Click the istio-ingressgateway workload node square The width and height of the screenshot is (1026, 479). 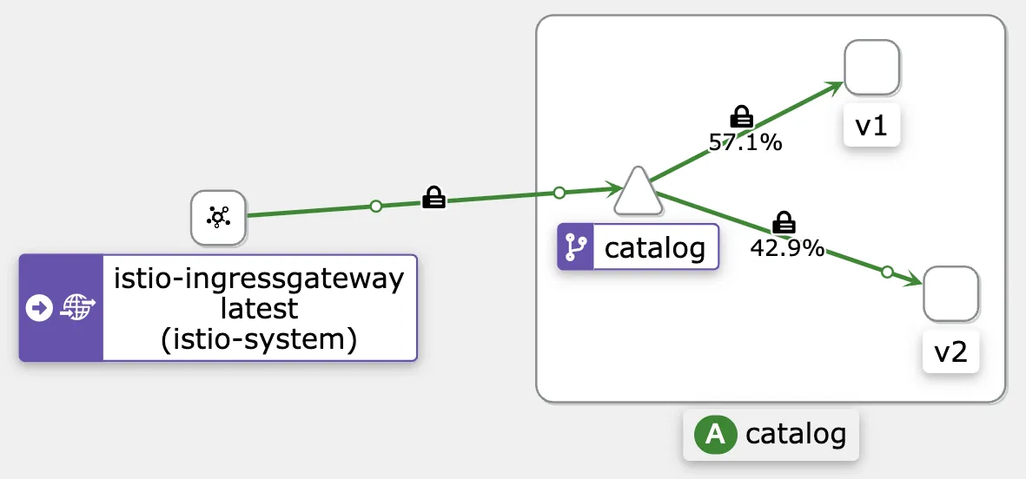(218, 218)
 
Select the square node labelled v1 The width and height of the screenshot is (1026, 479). (871, 68)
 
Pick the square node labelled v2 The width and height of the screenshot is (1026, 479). (950, 294)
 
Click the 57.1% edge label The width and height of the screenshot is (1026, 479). (745, 142)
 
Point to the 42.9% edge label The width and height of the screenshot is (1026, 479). (787, 247)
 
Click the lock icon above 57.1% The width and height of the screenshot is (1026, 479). (742, 116)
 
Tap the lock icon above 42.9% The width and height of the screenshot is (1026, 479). (784, 221)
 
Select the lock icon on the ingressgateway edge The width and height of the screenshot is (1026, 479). (434, 199)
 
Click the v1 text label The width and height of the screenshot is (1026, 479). (871, 127)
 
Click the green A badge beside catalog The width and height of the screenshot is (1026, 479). (715, 434)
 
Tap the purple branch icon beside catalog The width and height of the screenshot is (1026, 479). (573, 248)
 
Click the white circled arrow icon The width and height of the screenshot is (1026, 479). (40, 308)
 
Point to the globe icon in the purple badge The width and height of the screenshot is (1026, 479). (76, 308)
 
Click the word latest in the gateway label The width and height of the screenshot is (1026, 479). (259, 308)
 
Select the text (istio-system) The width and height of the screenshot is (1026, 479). (259, 339)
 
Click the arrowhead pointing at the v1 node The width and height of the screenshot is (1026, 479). (835, 87)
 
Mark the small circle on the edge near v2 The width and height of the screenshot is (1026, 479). (886, 272)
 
